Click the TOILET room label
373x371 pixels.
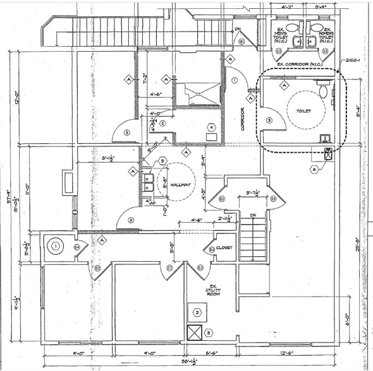304,111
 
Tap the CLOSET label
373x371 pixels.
224,248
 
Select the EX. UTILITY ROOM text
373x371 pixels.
212,290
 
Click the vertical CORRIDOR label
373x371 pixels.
243,121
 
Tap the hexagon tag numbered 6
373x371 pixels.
314,169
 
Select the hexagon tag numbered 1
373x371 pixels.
56,246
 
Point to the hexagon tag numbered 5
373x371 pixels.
162,162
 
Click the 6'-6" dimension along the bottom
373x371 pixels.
211,353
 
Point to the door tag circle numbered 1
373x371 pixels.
234,80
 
